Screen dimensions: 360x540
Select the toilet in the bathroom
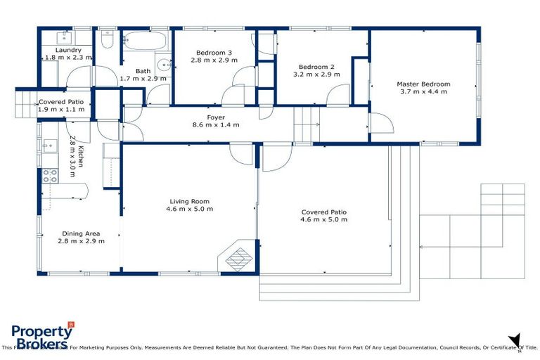coord(107,39)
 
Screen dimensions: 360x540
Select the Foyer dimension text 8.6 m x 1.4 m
coord(215,125)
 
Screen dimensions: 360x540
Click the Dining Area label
coord(81,233)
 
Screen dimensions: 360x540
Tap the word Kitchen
coord(82,156)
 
